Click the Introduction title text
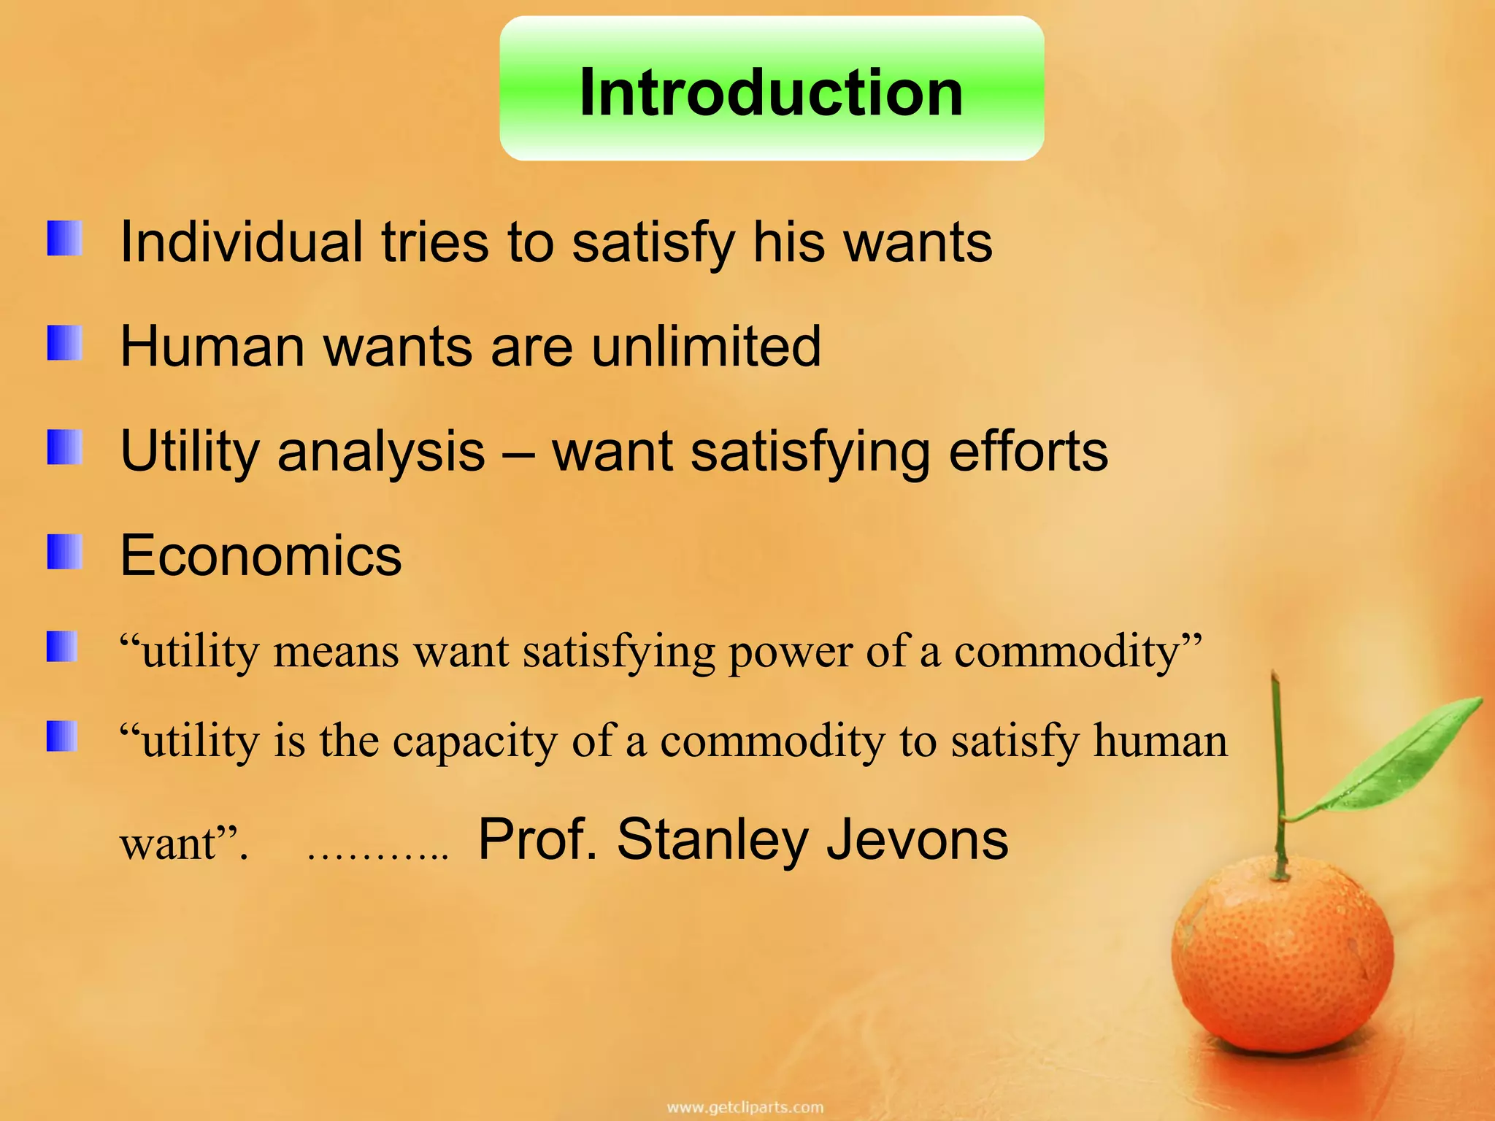[x=771, y=93]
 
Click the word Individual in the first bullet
[x=242, y=242]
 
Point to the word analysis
[x=381, y=452]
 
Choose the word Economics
[x=261, y=556]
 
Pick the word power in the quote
[x=790, y=651]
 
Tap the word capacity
[x=474, y=741]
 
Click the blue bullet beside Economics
[x=64, y=552]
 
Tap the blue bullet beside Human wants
[x=64, y=343]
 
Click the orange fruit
[x=1282, y=963]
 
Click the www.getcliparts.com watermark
[x=745, y=1107]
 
